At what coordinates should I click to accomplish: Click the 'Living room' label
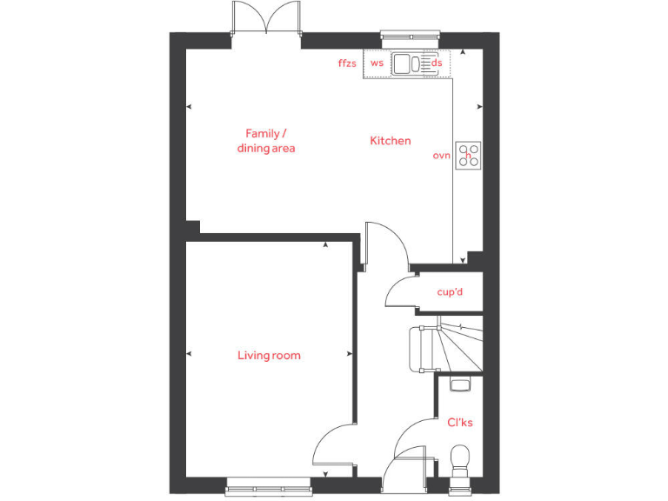tap(269, 355)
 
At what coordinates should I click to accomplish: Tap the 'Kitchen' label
tap(391, 141)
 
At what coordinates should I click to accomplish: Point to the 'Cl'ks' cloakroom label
tap(460, 423)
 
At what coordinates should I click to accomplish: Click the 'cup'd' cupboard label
tap(450, 292)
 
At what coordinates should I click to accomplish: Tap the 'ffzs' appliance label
tap(347, 63)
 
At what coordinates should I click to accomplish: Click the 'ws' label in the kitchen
tap(377, 63)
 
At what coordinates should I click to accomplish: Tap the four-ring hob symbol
tap(469, 155)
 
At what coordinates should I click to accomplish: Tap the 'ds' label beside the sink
tap(437, 63)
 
